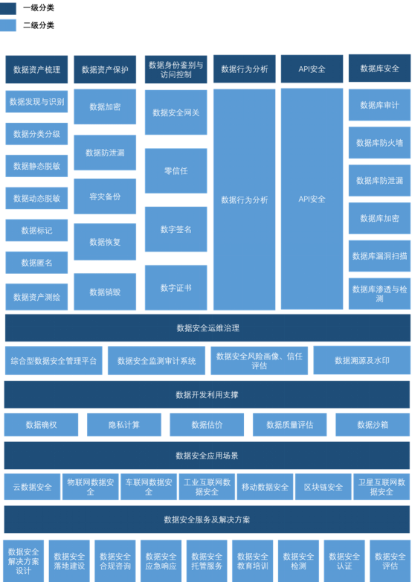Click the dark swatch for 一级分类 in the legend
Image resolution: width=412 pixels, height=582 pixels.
pos(7,8)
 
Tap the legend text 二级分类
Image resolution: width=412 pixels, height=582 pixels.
pos(39,25)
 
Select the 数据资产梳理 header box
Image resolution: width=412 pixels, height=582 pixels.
pos(36,69)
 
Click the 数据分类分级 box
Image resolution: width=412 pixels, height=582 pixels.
pos(36,134)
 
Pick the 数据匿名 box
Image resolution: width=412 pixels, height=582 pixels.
pos(36,263)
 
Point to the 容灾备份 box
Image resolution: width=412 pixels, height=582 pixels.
pos(105,196)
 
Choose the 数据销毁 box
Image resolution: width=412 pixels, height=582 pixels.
pos(105,292)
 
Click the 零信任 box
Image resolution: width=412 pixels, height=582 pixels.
pos(176,171)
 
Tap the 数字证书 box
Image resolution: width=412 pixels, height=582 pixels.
pos(176,288)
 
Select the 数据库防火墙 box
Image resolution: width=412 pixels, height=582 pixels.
pos(380,143)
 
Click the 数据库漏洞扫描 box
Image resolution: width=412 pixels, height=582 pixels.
pos(380,256)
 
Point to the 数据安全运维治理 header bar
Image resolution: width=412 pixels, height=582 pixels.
pos(207,328)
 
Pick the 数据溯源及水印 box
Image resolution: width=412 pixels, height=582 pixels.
pos(362,360)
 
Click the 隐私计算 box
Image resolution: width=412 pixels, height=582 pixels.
pos(124,425)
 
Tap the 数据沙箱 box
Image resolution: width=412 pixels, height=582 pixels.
pos(373,425)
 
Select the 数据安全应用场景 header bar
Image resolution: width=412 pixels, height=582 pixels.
pos(207,455)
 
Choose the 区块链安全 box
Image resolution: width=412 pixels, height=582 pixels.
pos(324,487)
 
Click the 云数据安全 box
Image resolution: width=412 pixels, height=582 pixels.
pos(32,487)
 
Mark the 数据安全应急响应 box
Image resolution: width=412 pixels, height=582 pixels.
pos(161,561)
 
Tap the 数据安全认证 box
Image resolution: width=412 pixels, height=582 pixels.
pos(344,561)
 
